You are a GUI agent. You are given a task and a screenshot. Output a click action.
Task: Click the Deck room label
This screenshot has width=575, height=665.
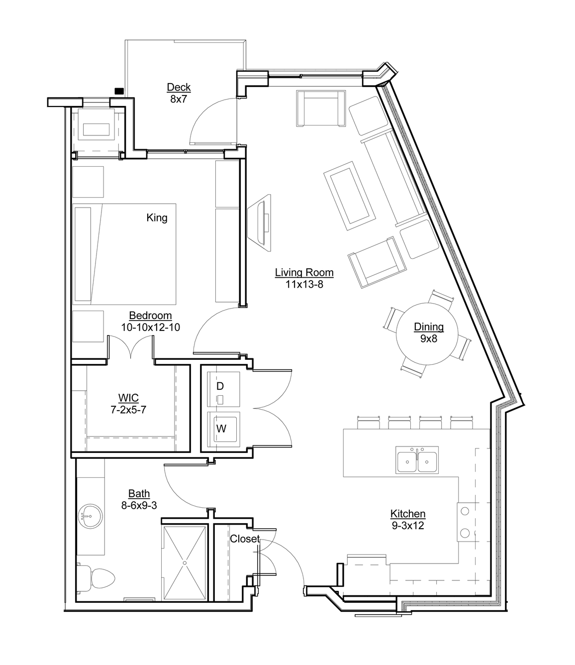179,87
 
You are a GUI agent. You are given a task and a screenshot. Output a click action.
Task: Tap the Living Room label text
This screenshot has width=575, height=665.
304,272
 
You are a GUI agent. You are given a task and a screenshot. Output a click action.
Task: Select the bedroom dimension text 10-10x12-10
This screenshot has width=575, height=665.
151,327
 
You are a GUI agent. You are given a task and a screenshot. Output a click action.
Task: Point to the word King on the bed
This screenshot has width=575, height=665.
157,218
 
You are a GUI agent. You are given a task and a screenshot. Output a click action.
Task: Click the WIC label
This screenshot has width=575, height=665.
128,398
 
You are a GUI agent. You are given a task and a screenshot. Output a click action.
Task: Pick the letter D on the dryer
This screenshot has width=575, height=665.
220,386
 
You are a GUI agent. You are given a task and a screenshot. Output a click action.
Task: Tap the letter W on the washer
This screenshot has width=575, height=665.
221,429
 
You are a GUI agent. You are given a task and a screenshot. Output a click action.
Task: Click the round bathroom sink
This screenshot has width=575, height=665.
91,516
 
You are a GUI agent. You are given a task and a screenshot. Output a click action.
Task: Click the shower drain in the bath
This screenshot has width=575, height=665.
185,563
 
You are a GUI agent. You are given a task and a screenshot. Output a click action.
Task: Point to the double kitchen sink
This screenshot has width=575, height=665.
417,460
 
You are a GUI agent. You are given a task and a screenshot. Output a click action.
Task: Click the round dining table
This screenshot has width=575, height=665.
427,333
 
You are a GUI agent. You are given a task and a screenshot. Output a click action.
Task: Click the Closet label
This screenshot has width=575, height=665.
245,539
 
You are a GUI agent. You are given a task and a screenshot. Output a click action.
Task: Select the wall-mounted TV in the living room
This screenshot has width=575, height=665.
259,222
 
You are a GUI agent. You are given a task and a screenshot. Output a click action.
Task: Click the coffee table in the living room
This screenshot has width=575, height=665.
350,196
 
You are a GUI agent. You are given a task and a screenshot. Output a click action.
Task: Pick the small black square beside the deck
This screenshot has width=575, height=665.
119,91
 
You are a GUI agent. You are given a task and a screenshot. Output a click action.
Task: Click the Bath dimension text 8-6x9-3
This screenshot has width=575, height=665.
139,505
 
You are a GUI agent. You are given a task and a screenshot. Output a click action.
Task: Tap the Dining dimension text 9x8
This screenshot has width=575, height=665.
429,338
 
